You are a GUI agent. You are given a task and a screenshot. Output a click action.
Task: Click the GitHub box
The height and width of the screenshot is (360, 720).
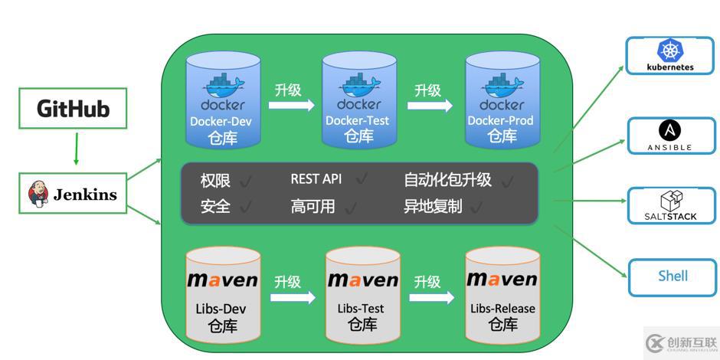[73, 109]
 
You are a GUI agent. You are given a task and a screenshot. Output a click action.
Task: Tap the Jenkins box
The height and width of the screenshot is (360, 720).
[73, 194]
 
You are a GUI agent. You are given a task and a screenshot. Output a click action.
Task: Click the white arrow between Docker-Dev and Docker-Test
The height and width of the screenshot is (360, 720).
[291, 105]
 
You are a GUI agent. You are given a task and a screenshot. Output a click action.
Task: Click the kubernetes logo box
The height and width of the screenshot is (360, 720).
[671, 56]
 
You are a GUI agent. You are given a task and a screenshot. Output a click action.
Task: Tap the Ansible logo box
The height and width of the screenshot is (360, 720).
[671, 136]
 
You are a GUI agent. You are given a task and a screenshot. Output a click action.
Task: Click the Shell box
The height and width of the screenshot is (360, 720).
[672, 277]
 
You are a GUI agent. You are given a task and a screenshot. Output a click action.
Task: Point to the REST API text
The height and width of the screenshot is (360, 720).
[316, 179]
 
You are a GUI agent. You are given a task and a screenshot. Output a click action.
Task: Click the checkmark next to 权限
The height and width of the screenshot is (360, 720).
[246, 182]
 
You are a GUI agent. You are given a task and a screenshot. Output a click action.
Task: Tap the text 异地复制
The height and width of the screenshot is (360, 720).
[433, 206]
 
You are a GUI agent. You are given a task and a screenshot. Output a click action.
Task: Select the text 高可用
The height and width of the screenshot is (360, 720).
[313, 206]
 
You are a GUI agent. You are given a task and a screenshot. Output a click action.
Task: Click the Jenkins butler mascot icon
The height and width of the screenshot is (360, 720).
[38, 194]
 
